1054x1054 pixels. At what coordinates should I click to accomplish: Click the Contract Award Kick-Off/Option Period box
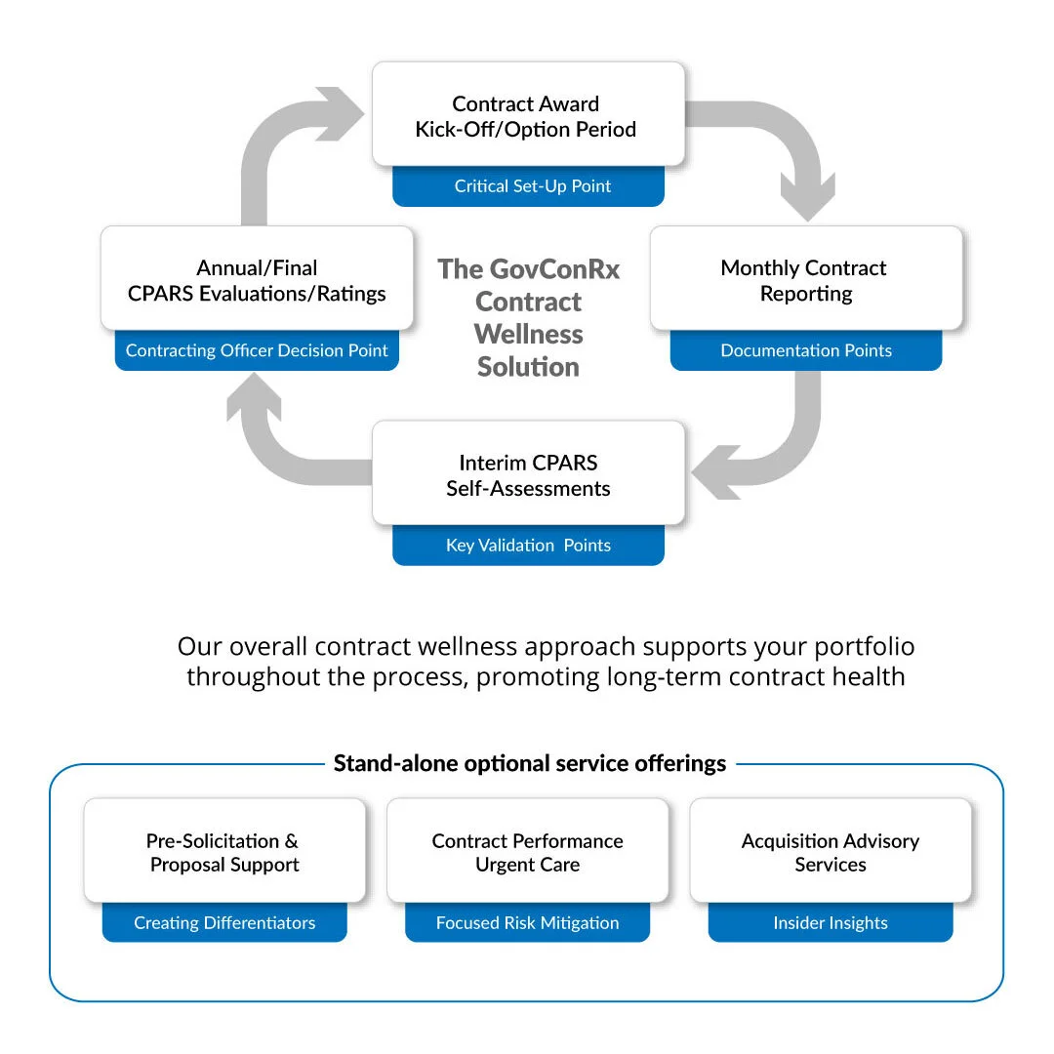(527, 115)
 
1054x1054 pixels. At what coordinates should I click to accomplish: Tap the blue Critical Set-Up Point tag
(528, 186)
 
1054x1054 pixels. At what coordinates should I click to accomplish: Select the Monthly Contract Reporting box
(804, 279)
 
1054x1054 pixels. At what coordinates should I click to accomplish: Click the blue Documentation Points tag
(805, 351)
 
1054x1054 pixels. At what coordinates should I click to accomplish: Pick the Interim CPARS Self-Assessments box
(527, 473)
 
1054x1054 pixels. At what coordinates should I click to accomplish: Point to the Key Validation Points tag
(528, 546)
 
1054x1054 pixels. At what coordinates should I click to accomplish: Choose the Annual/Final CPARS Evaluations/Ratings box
(257, 279)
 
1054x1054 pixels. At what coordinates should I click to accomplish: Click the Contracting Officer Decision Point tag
(257, 351)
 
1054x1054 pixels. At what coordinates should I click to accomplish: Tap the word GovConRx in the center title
(555, 269)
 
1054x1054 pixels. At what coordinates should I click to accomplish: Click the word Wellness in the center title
(528, 335)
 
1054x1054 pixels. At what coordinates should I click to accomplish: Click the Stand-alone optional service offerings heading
(530, 763)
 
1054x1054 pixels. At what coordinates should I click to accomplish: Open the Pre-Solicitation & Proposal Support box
(224, 851)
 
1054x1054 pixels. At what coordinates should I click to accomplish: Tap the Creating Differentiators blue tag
(224, 923)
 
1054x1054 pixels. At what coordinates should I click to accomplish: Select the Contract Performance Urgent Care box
(527, 851)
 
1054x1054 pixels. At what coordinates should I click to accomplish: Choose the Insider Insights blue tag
(831, 923)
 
